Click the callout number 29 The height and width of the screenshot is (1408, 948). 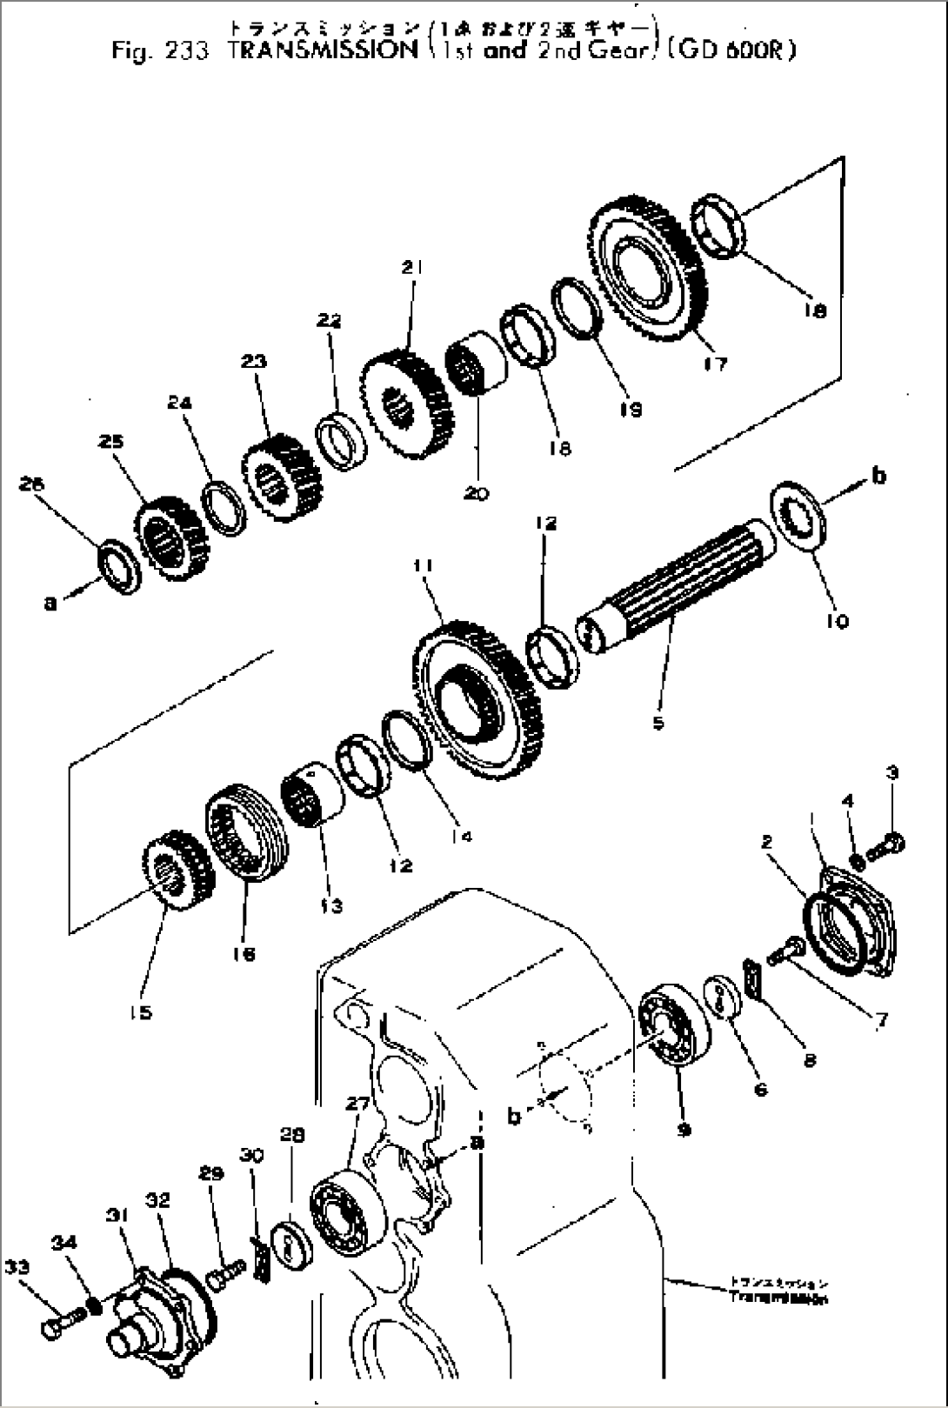[x=211, y=1174]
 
